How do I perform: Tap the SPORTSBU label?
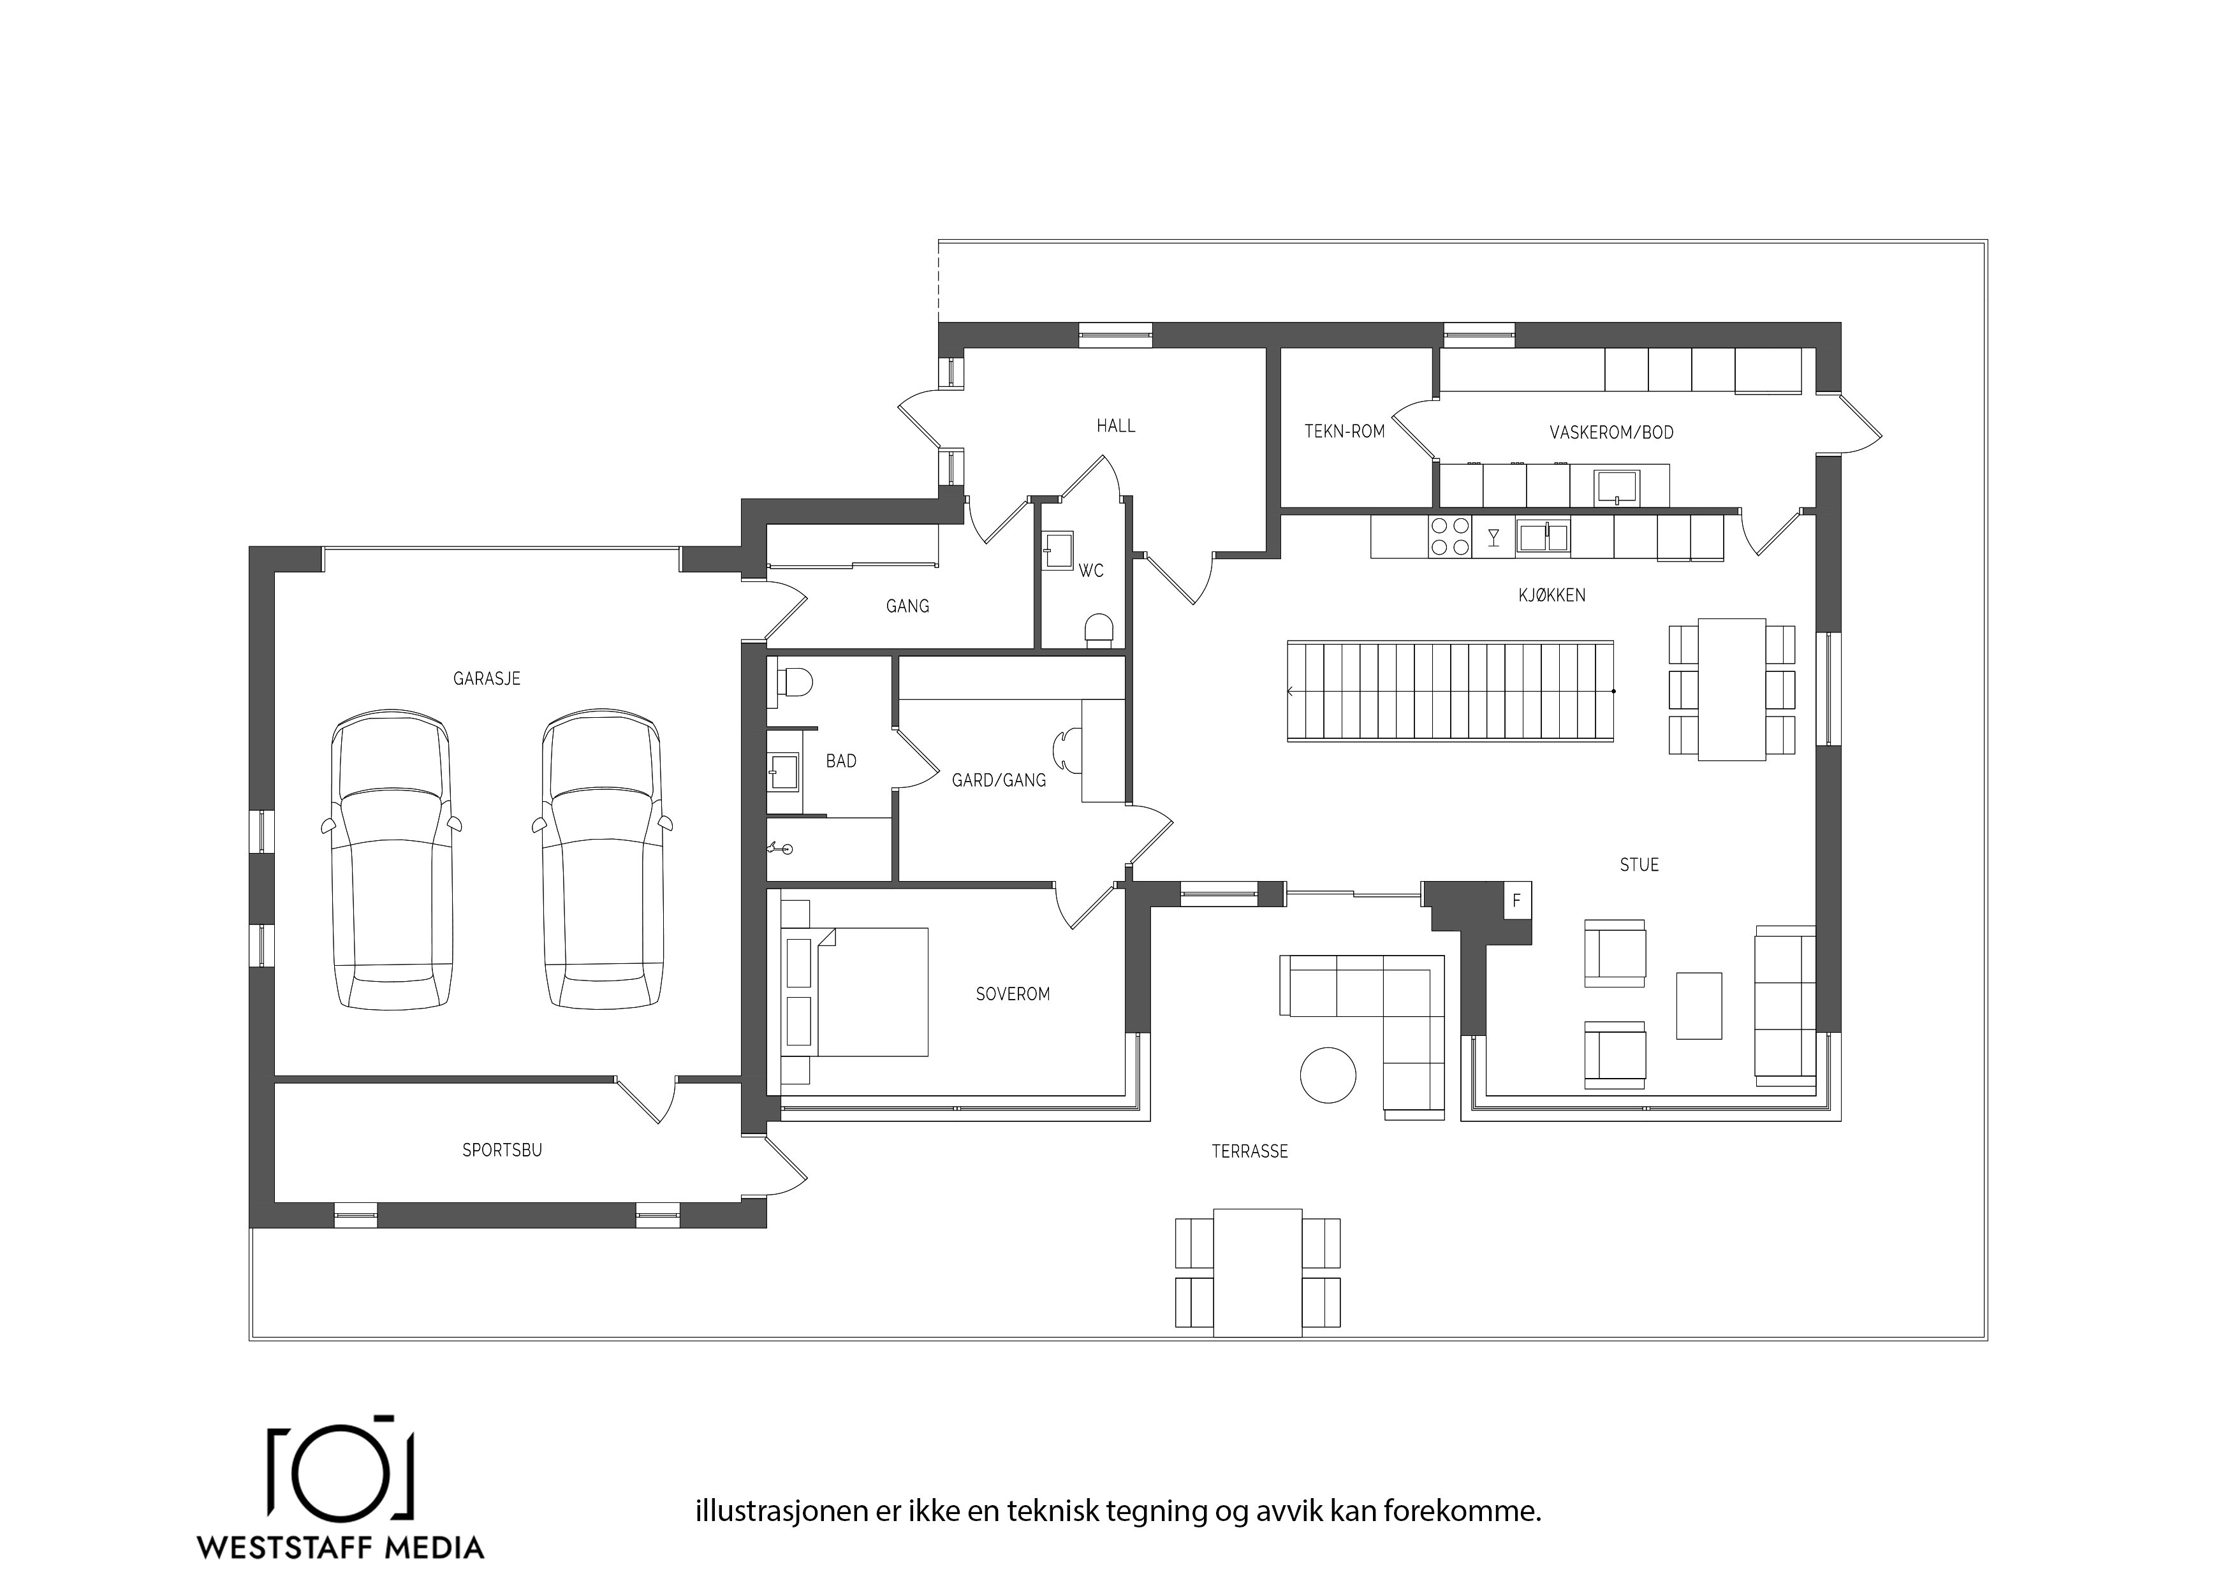(502, 1151)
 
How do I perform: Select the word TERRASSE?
(1249, 1151)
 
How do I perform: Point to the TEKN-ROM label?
(1344, 432)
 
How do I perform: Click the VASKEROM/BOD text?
(1611, 432)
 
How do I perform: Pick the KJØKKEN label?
(1552, 595)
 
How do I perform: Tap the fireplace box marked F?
(1516, 901)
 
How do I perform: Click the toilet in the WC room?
(1099, 629)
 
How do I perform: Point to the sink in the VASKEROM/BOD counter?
(1617, 487)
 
